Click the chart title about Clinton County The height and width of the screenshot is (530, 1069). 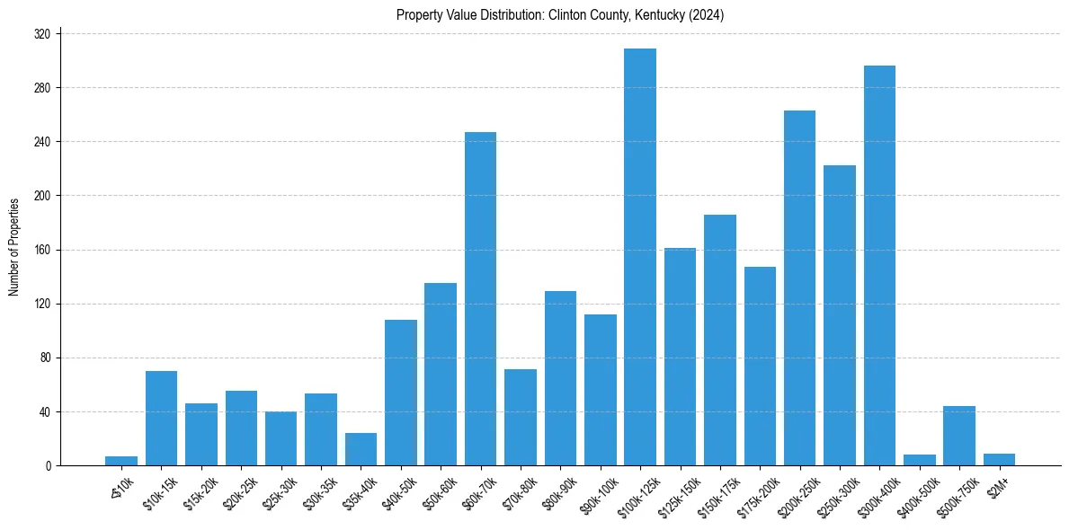pos(560,15)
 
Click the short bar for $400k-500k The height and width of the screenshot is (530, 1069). pos(920,460)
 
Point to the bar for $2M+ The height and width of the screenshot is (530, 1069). pos(999,460)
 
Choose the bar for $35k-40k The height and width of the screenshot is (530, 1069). pos(361,449)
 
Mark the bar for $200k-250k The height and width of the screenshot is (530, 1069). pos(799,287)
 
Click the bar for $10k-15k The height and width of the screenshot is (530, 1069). pos(162,419)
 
